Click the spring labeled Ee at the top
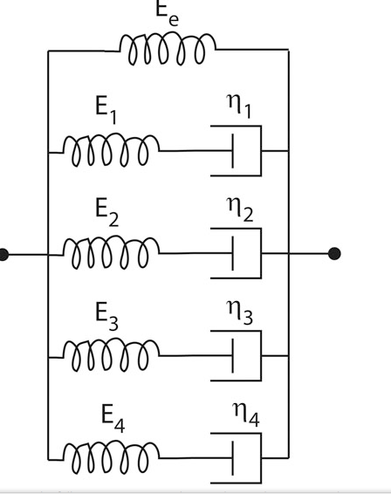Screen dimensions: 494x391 pyautogui.click(x=167, y=50)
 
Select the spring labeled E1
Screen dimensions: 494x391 pyautogui.click(x=111, y=151)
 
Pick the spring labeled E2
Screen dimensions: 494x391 pyautogui.click(x=111, y=254)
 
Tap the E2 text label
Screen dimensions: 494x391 pyautogui.click(x=106, y=212)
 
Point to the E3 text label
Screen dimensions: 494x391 pyautogui.click(x=106, y=313)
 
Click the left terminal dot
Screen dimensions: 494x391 pyautogui.click(x=3, y=254)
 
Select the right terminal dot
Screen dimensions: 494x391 pyautogui.click(x=333, y=254)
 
